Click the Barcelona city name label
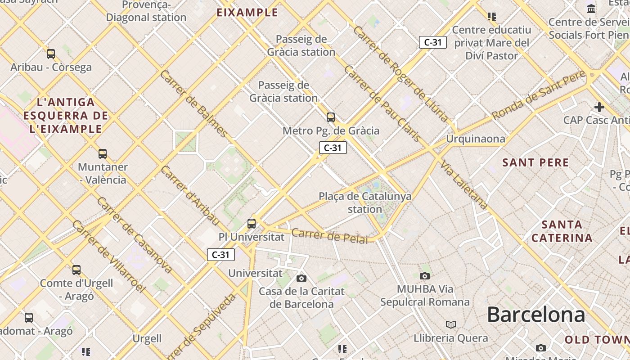tap(535, 314)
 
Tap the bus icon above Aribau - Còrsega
tap(51, 54)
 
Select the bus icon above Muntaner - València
tap(103, 154)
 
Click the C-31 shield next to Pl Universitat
tap(221, 255)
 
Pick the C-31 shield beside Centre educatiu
tap(433, 42)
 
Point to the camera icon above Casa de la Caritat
tap(301, 279)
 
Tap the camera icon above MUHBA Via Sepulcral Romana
tap(424, 276)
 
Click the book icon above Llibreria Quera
tap(450, 324)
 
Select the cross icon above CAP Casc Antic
tap(599, 107)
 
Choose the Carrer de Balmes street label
tap(194, 103)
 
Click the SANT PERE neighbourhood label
tap(535, 162)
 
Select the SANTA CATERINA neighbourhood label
tap(562, 231)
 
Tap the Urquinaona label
tap(475, 139)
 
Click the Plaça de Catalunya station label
tap(365, 202)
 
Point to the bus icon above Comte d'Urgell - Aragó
tap(76, 270)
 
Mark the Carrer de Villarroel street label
tap(109, 256)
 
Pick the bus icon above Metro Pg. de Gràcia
tap(331, 117)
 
